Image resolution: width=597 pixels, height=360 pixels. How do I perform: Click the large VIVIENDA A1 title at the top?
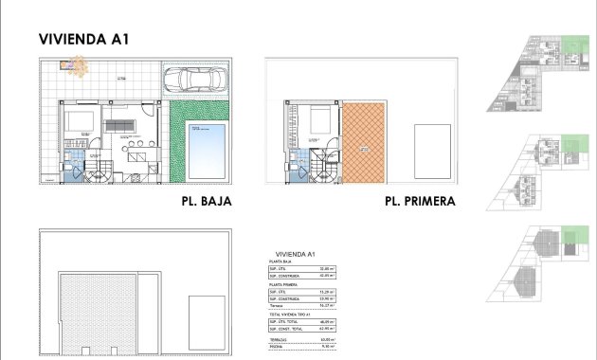(x=83, y=40)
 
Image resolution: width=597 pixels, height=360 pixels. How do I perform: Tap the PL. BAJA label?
(x=206, y=201)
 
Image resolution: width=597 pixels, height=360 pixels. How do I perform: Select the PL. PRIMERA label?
(x=420, y=201)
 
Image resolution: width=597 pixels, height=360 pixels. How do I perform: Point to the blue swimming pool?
(x=204, y=150)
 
